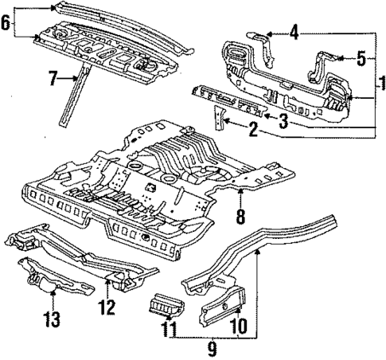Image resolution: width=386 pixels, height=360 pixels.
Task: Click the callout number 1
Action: [379, 80]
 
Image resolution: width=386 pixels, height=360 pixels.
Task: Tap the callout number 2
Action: [253, 128]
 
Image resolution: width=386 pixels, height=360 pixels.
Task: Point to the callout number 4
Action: [294, 33]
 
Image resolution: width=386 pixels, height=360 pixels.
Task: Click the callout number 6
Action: [7, 22]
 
